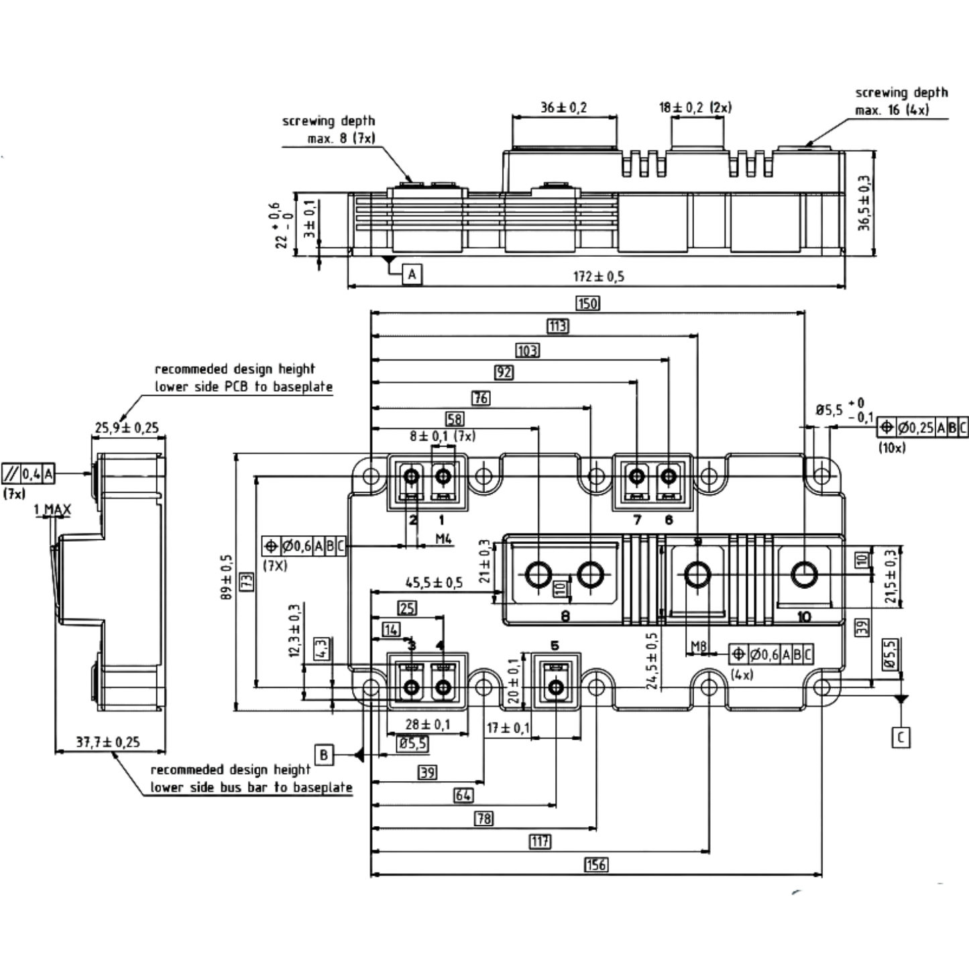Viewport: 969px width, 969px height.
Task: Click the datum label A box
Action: (x=412, y=274)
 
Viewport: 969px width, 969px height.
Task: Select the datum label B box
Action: (x=324, y=754)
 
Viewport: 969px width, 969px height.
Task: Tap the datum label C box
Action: (x=901, y=738)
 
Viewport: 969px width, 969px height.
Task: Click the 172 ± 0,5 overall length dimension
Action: (x=598, y=276)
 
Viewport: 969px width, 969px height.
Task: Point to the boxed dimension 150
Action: (x=588, y=304)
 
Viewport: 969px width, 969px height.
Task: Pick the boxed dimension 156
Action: (x=596, y=865)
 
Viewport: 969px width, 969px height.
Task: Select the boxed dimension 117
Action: (x=540, y=842)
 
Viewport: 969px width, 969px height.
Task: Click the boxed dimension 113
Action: (x=558, y=327)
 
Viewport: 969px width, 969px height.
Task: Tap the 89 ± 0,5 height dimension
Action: (x=227, y=577)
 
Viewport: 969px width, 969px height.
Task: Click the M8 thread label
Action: (x=699, y=646)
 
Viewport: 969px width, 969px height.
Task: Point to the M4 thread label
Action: (x=443, y=539)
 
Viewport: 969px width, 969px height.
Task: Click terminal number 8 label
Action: (x=565, y=616)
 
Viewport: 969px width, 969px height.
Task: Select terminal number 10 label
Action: (x=803, y=616)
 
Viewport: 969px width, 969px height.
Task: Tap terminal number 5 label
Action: (x=555, y=645)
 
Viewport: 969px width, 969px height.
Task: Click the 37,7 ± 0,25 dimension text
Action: (x=108, y=742)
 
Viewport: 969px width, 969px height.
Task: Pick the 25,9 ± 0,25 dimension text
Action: (x=127, y=428)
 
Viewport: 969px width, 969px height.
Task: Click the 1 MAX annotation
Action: (x=52, y=510)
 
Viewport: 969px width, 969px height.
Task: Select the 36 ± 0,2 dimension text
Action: (x=564, y=107)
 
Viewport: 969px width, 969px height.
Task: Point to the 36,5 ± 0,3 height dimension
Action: (x=864, y=203)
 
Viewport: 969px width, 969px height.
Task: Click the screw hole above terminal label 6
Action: (x=669, y=475)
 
